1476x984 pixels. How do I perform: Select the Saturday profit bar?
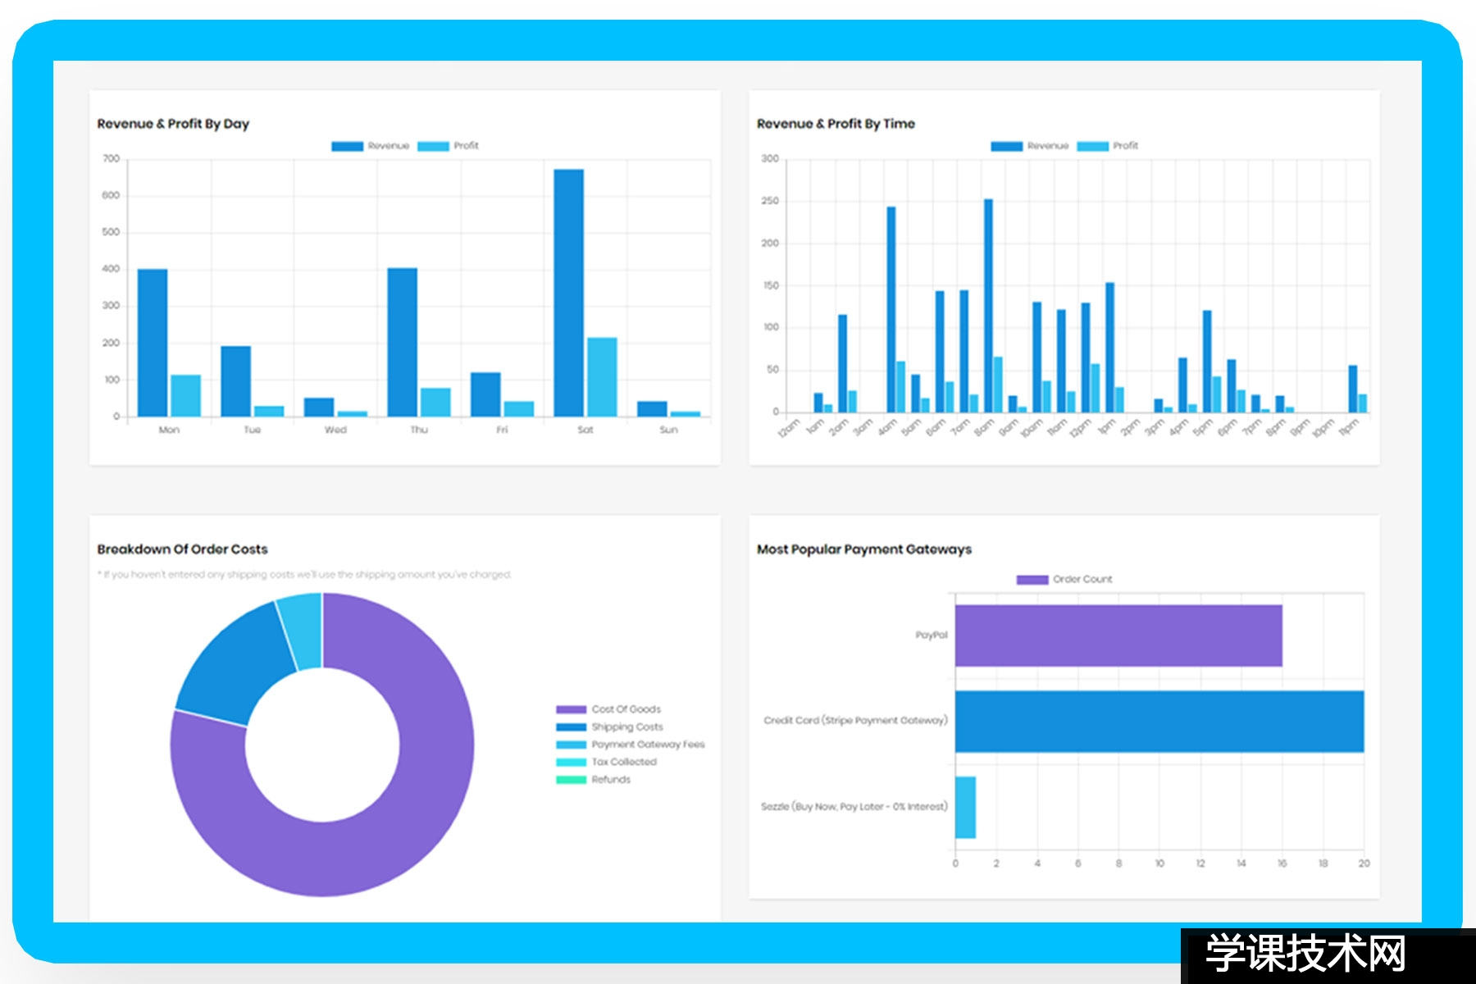602,376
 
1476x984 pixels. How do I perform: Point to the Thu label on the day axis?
419,430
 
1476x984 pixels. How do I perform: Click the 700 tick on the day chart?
111,158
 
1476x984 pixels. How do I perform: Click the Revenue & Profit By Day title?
173,124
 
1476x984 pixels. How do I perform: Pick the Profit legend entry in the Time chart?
1108,146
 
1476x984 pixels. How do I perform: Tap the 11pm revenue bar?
1352,389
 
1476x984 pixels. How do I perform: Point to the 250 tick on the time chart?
770,201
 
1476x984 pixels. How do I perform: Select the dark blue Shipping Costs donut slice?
230,664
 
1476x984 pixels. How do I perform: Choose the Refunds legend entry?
594,780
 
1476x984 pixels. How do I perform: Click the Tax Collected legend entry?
607,762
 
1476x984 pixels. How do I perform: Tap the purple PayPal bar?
1118,635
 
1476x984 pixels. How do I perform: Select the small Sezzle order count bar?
965,807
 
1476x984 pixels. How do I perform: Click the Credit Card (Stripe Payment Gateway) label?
855,721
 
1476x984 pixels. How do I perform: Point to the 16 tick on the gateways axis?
1282,863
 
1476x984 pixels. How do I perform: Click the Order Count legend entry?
1065,579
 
